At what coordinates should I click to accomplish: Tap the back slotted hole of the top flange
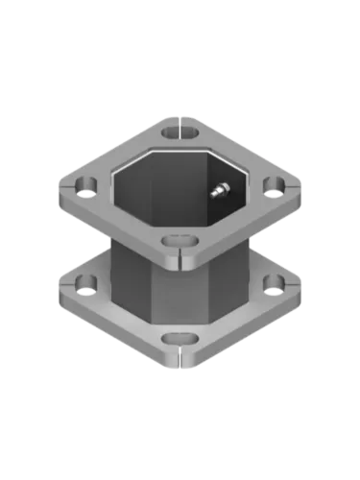point(173,131)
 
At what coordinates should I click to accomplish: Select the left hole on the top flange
point(84,182)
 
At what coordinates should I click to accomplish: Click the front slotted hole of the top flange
point(174,241)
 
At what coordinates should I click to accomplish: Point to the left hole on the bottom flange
point(84,284)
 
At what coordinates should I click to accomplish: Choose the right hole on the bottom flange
point(273,283)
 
